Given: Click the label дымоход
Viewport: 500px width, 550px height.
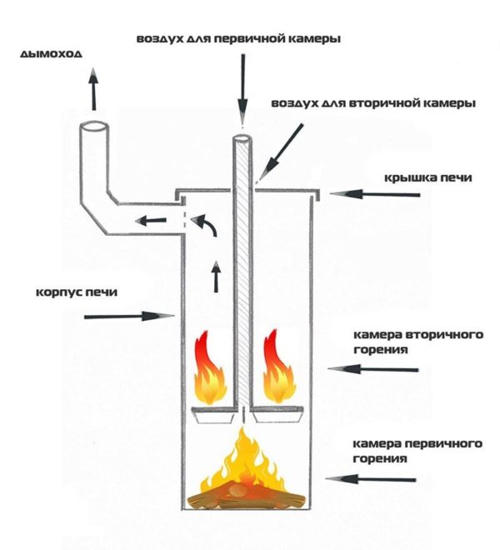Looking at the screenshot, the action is point(51,53).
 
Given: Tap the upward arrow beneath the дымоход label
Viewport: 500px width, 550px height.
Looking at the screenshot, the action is point(93,89).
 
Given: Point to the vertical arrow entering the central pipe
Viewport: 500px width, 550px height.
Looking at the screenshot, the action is point(242,88).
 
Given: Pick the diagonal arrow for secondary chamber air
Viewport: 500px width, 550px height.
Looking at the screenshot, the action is point(280,153).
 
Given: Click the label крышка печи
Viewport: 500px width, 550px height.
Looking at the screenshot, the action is point(428,177).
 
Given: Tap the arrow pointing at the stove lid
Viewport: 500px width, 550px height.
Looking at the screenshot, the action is point(375,194).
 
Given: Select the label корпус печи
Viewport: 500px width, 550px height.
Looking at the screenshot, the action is point(77,292).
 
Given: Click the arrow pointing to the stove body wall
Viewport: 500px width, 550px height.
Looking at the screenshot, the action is point(129,316).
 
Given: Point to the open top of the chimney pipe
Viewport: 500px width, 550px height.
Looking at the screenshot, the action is point(93,127).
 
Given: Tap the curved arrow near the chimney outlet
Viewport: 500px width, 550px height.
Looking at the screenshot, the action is point(205,224).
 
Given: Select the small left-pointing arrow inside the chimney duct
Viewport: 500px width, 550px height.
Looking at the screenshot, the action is point(151,221).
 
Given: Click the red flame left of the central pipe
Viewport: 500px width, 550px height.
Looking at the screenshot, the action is point(209,367).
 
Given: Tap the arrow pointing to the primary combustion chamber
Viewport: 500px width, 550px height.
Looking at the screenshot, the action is point(371,479).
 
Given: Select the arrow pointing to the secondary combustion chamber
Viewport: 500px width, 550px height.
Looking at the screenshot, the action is point(373,369).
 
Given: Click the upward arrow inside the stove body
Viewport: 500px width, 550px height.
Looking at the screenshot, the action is point(217,277).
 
